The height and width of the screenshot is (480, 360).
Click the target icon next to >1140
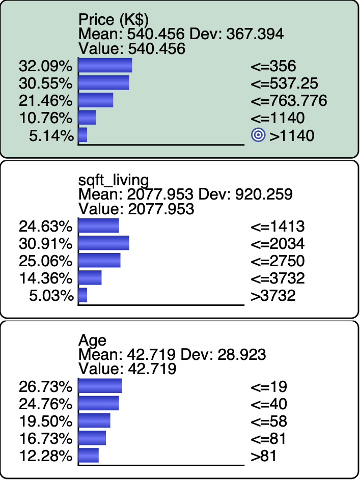258,135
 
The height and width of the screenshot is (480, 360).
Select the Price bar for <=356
105,66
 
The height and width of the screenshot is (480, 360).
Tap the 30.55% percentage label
46,83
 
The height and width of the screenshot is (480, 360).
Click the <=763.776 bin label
289,101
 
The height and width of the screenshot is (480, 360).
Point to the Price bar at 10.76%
87,118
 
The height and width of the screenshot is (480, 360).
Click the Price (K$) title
114,20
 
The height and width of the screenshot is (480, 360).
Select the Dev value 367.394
255,34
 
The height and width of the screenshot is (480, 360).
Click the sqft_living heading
114,180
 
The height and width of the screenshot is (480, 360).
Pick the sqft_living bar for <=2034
104,243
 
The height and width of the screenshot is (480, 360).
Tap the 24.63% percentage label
46,227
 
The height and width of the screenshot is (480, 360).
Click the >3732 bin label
273,296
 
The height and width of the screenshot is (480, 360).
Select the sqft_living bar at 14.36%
90,277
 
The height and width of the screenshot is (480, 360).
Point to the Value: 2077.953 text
136,209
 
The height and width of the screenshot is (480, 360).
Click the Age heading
93,341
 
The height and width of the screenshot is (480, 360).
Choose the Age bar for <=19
100,386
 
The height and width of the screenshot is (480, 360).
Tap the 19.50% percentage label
46,421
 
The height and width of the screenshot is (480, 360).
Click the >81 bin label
264,456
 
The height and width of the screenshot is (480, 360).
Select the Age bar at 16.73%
92,438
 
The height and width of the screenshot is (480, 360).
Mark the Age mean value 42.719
151,355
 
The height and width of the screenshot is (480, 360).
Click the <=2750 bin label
278,261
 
